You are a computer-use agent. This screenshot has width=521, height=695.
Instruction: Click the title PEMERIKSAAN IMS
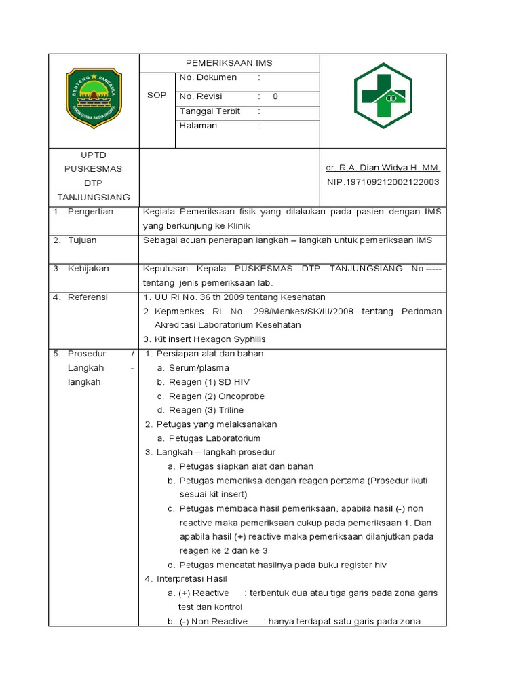pos(229,63)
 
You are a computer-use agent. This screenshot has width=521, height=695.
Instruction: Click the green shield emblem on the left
pos(94,98)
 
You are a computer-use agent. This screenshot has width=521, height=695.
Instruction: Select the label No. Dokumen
pos(208,78)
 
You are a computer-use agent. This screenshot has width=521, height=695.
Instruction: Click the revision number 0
pos(275,96)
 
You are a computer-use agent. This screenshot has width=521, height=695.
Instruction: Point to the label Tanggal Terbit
pos(210,111)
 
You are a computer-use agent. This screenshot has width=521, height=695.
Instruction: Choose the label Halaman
pos(198,126)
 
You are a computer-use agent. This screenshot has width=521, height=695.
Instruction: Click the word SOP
pos(157,96)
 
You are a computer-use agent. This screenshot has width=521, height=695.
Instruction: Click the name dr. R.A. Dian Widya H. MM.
pos(383,168)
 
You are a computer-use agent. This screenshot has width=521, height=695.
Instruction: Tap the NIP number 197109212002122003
pos(383,182)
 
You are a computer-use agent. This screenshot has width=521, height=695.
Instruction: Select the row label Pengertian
pos(90,212)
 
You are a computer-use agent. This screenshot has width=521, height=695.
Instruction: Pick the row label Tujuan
pos(82,240)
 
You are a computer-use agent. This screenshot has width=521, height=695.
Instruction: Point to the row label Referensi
pos(88,297)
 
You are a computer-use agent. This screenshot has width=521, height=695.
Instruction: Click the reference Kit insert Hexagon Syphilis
pos(210,339)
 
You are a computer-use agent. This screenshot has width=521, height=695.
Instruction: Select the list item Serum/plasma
pos(199,368)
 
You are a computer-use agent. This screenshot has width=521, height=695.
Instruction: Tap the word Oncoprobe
pos(241,396)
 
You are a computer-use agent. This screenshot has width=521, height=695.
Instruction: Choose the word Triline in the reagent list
pos(231,410)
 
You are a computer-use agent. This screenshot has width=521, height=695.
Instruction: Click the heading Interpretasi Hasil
pos(192,579)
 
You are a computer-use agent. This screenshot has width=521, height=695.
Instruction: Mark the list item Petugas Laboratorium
pos(214,438)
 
